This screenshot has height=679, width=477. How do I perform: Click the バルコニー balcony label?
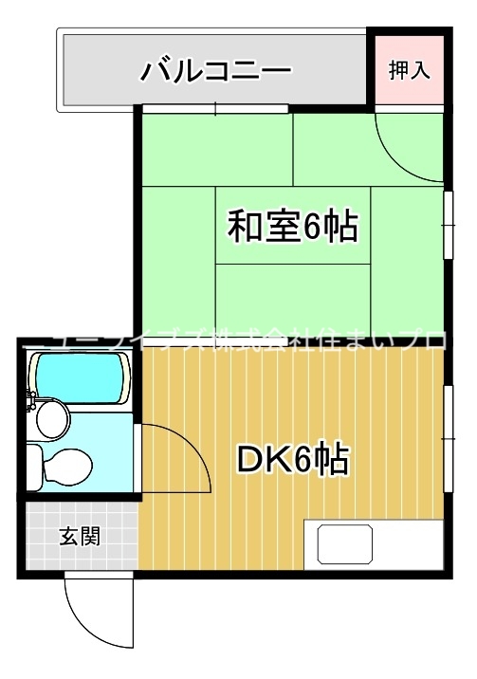coord(215,71)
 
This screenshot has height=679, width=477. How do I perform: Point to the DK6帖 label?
coord(292,460)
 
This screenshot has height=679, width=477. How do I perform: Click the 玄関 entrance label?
coord(81,536)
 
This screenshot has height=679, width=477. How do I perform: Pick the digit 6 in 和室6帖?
coord(310,227)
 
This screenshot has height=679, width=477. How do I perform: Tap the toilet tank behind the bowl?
coord(34,466)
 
